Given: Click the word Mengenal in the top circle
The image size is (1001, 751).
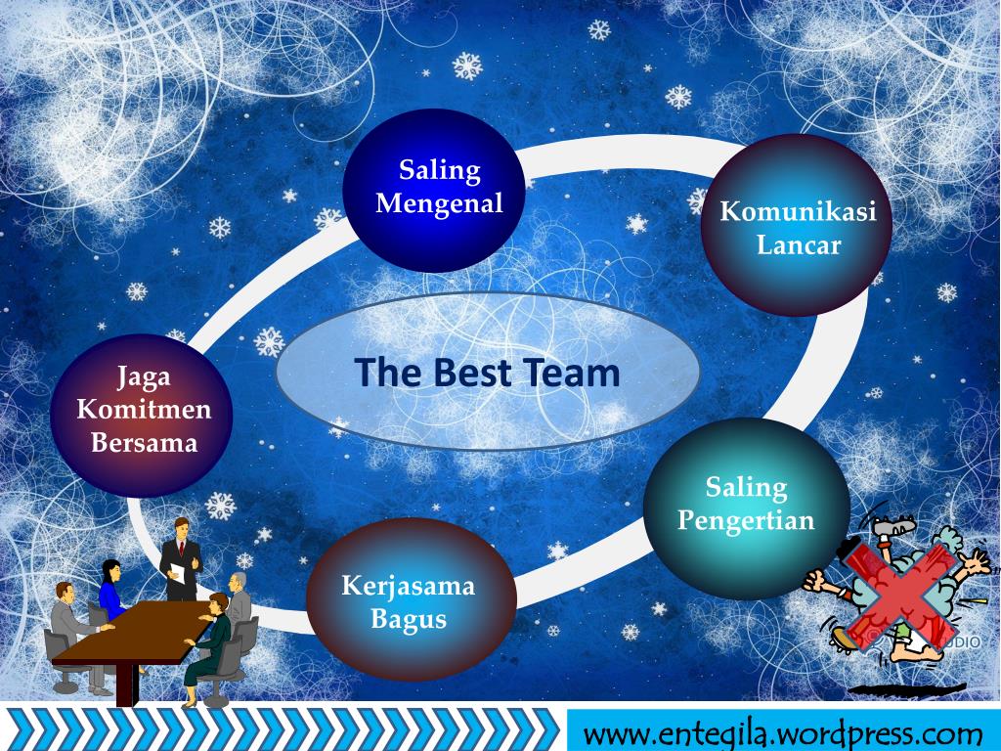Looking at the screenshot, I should pyautogui.click(x=439, y=203).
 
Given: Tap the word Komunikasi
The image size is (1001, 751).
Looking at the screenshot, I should pyautogui.click(x=798, y=210).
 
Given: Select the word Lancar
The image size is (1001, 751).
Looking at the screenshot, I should pyautogui.click(x=798, y=244).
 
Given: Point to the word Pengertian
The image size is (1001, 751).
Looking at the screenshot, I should pyautogui.click(x=746, y=519).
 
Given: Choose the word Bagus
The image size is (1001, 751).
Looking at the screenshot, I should pyautogui.click(x=408, y=619).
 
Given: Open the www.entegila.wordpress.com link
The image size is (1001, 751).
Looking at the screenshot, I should pyautogui.click(x=782, y=732).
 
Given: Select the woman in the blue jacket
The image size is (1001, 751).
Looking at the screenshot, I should pyautogui.click(x=110, y=591).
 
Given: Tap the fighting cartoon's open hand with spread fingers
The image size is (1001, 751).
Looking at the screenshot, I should pyautogui.click(x=973, y=560).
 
